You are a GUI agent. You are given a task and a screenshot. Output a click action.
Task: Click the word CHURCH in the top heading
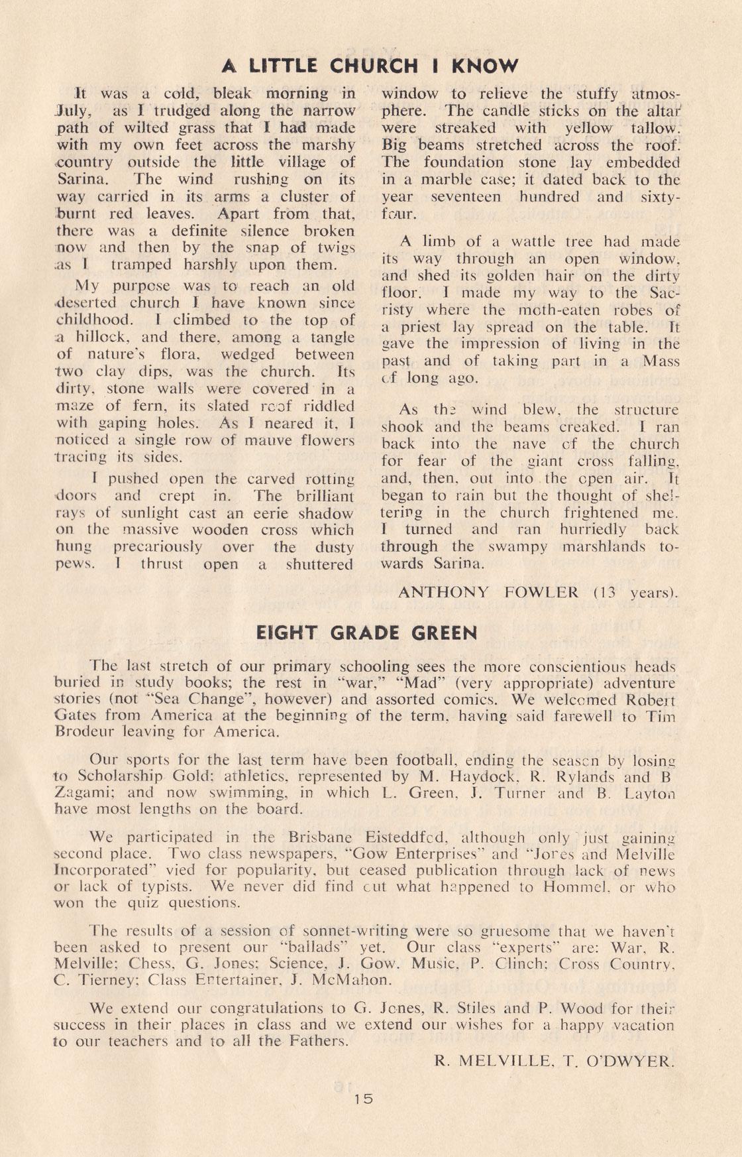[x=374, y=66]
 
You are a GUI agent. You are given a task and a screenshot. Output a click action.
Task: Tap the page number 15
[x=364, y=1098]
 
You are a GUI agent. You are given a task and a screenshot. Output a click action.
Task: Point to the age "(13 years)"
[x=635, y=592]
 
